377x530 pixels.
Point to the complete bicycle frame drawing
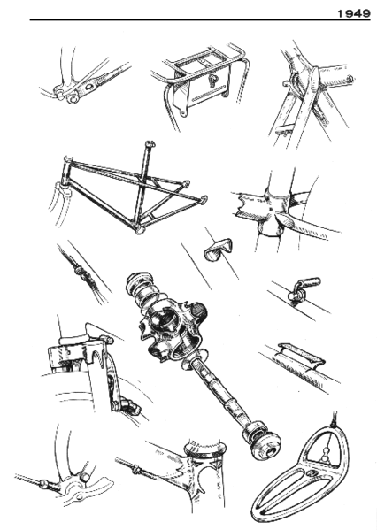click(133, 190)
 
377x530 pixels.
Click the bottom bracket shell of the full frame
click(139, 229)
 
